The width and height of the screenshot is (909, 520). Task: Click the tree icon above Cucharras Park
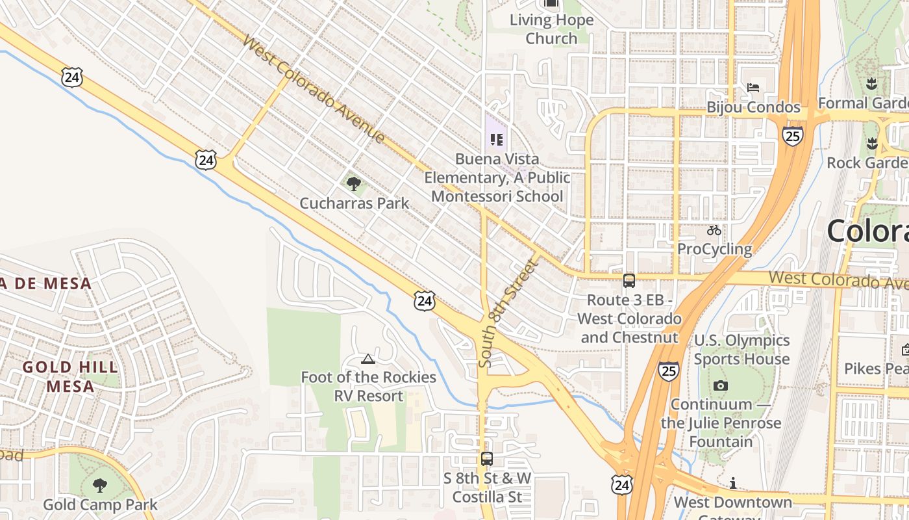tap(354, 184)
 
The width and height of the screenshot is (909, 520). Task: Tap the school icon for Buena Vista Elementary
tap(497, 139)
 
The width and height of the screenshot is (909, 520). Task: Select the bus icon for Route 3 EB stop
tap(629, 281)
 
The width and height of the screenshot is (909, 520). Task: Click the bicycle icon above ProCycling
tap(714, 230)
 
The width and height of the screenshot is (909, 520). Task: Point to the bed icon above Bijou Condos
tap(753, 88)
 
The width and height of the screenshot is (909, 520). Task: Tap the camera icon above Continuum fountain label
tap(720, 386)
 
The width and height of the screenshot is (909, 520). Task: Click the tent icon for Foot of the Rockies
tap(368, 359)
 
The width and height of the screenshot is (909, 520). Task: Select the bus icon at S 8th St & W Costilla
tap(487, 459)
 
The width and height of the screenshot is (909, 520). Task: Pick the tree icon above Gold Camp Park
tap(99, 485)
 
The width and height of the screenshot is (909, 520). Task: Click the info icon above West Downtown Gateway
tap(733, 483)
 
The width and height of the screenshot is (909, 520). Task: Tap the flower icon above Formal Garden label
tap(871, 83)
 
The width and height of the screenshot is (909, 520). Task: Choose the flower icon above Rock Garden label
tap(871, 143)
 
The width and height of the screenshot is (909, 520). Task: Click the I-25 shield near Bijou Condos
tap(792, 135)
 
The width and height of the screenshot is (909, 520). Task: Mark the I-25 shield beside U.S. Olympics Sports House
tap(669, 371)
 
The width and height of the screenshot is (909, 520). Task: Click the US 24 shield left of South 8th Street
tap(425, 300)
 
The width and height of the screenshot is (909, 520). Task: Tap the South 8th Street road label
tap(508, 313)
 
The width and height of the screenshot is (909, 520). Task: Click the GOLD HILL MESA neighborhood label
tap(70, 376)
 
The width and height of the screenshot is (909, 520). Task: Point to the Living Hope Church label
tap(551, 29)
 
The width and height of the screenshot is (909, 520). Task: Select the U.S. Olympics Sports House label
tap(741, 350)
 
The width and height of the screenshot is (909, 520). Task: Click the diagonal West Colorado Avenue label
tap(314, 90)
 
